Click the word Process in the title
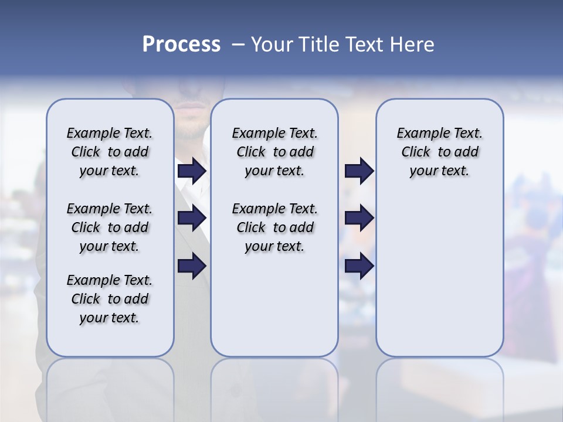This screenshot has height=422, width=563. [x=181, y=44]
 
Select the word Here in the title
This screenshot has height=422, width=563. [x=413, y=45]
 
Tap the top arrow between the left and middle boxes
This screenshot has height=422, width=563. [x=192, y=171]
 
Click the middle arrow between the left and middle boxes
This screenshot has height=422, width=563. [x=192, y=219]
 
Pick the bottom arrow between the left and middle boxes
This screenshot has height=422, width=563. [x=192, y=266]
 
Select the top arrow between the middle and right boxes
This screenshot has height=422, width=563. [x=359, y=171]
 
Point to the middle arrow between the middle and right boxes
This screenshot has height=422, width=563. [x=359, y=219]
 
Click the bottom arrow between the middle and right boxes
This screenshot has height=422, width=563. [x=359, y=266]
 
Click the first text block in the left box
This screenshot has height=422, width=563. [x=110, y=152]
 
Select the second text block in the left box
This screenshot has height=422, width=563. [x=110, y=227]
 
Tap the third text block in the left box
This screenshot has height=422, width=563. [x=110, y=299]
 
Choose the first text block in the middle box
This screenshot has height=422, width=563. [x=274, y=152]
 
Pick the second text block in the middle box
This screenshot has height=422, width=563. [x=274, y=227]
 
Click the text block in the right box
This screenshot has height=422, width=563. [x=439, y=152]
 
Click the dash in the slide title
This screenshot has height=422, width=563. [x=238, y=45]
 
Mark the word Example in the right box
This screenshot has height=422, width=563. [x=419, y=134]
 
